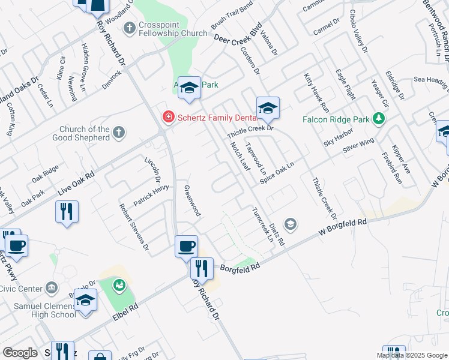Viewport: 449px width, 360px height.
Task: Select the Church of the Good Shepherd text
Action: coord(85,133)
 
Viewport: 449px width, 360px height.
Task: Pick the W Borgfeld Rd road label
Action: coord(342,228)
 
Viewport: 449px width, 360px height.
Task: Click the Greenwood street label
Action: coord(192,200)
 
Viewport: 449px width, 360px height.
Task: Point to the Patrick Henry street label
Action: coord(151,196)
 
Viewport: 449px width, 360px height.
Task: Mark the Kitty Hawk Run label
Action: coord(316,93)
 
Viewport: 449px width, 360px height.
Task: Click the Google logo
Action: coord(20,353)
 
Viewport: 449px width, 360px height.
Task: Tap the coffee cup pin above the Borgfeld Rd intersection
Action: coord(186,246)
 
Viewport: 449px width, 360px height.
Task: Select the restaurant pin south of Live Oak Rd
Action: coord(67,212)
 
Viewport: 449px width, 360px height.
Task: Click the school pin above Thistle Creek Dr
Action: coord(268,108)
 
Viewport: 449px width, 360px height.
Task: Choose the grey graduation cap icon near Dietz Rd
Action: coord(291,224)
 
